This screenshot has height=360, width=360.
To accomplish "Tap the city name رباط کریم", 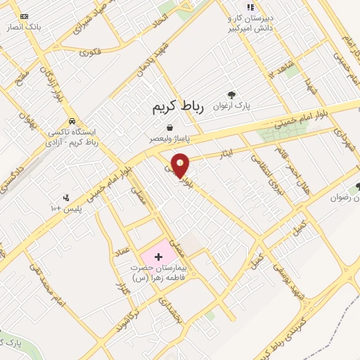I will [x=177, y=108].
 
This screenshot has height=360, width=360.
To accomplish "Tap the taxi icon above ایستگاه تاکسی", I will [x=82, y=120].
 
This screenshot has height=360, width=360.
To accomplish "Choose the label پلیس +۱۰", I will [x=65, y=209].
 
